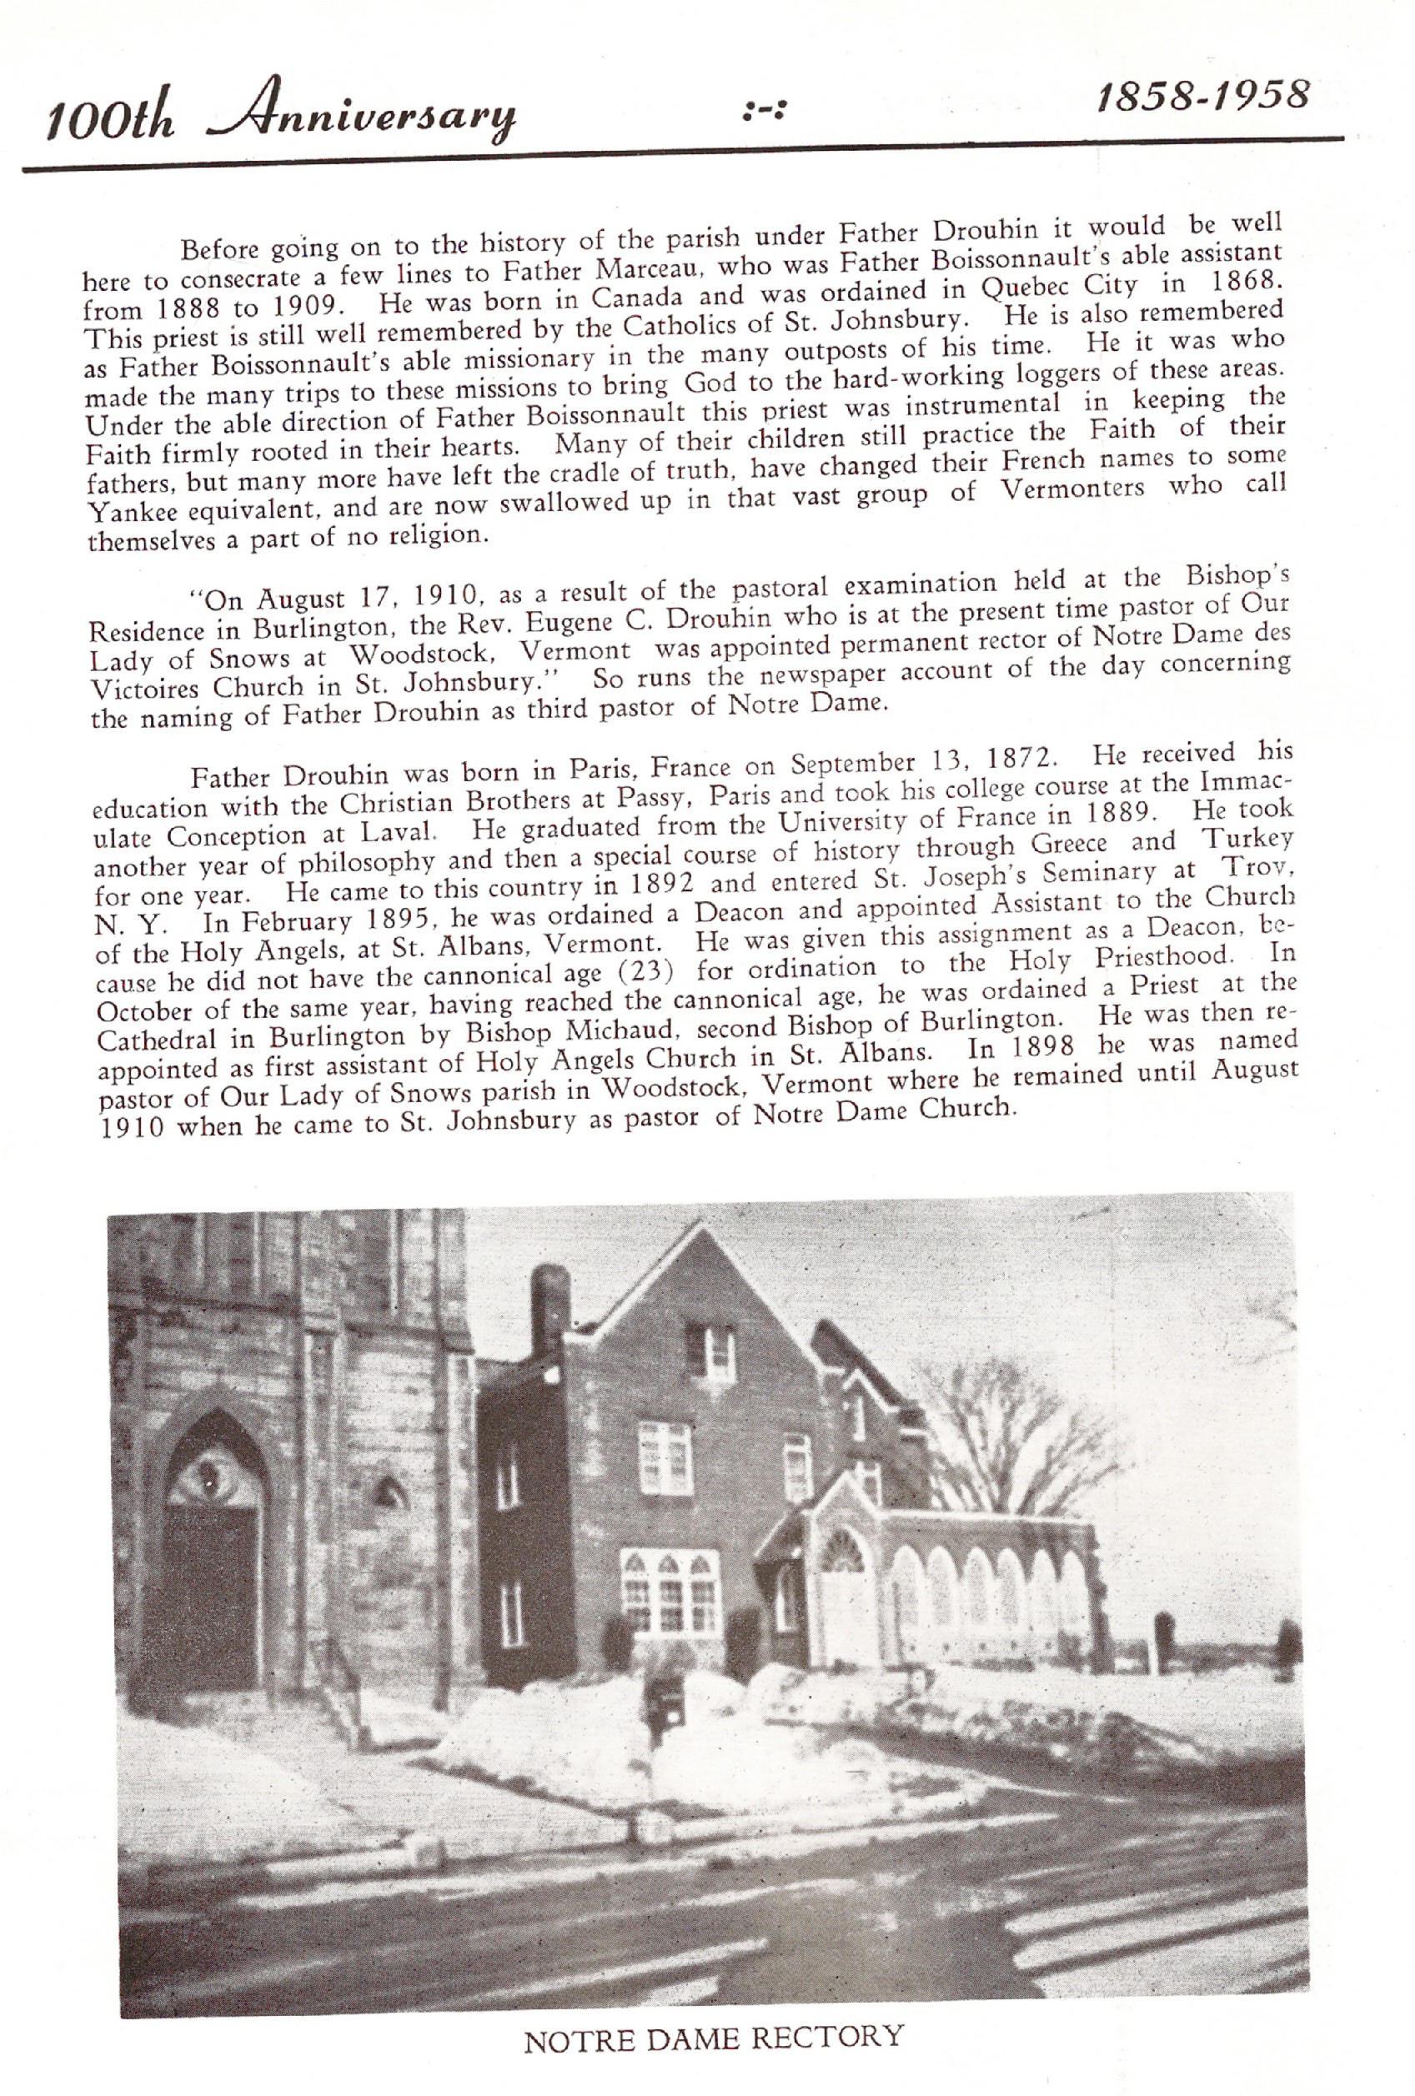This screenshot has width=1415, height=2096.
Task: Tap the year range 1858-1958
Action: pyautogui.click(x=1202, y=96)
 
